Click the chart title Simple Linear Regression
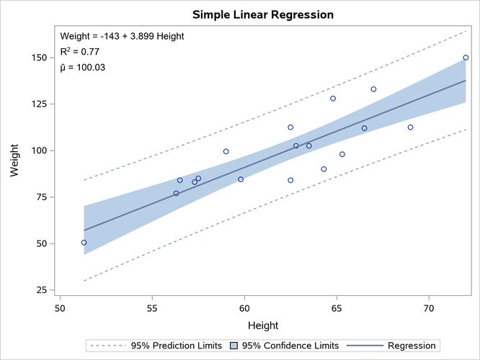click(x=263, y=14)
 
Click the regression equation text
click(x=121, y=36)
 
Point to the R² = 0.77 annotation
click(x=80, y=51)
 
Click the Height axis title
click(x=263, y=325)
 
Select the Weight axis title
click(x=14, y=174)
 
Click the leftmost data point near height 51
click(x=84, y=243)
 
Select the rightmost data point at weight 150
click(x=466, y=58)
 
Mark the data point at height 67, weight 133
click(x=373, y=89)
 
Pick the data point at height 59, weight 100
click(x=226, y=151)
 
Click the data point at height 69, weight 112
click(x=410, y=127)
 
